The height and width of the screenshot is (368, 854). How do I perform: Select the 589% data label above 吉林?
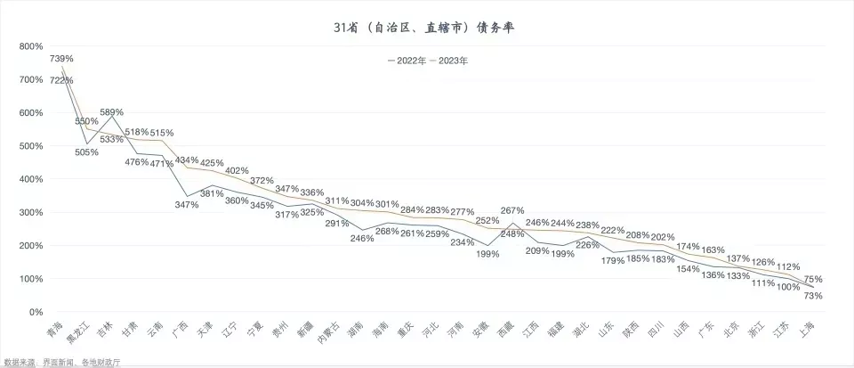point(111,112)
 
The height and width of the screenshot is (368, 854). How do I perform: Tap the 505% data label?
point(86,152)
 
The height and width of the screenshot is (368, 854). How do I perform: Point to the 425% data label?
point(212,163)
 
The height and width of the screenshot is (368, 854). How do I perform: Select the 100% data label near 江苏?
point(788,287)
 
